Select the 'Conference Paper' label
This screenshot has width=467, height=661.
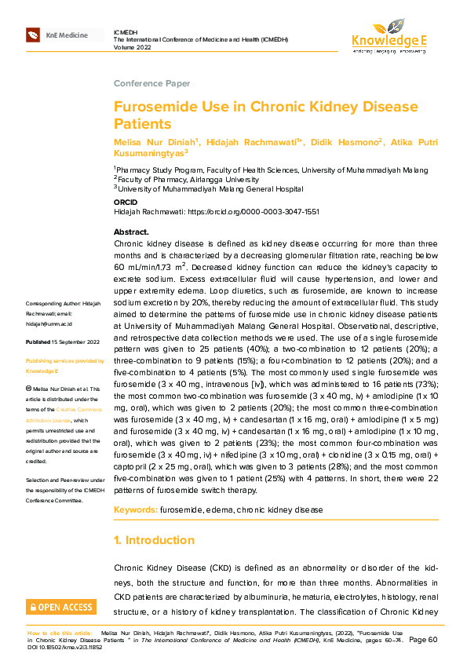152,83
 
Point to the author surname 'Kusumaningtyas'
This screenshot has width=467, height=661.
149,154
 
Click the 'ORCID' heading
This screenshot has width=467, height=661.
126,203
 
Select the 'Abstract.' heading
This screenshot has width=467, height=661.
131,232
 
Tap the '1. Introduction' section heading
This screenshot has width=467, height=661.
154,540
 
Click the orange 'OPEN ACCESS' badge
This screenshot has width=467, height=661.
60,607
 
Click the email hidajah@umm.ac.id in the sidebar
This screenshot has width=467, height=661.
49,323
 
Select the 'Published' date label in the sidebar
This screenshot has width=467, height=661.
38,342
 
